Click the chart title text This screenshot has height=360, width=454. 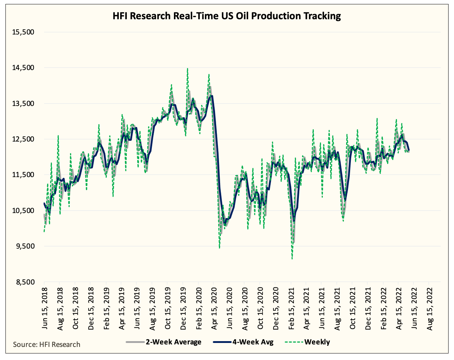click(227, 16)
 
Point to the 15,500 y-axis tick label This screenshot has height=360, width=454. click(23, 32)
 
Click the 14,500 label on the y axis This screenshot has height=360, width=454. click(23, 68)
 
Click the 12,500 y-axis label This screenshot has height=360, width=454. click(23, 139)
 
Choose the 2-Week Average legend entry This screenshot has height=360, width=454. click(164, 342)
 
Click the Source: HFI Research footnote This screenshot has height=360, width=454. click(46, 344)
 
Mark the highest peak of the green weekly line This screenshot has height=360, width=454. click(187, 68)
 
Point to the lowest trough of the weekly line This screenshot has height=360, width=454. click(292, 259)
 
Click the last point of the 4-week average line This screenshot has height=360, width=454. click(409, 150)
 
